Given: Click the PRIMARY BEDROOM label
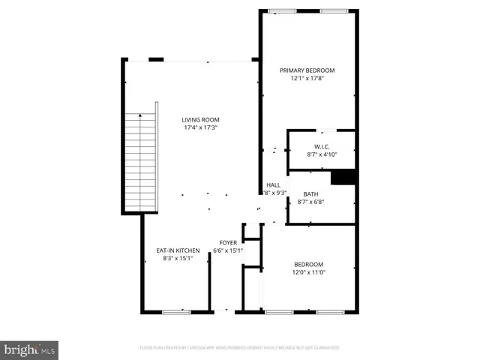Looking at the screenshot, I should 307,70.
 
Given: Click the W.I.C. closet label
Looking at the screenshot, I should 322,146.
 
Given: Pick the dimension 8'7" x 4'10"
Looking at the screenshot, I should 322,154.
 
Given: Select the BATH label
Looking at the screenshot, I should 310,193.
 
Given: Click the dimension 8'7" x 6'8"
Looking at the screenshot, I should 310,202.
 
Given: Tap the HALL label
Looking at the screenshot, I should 273,184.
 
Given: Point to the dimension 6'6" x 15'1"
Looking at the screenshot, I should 228,250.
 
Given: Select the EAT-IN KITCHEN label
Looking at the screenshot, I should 178,250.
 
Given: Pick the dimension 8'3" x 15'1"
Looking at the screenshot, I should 178,259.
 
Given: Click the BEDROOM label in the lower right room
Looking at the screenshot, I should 308,264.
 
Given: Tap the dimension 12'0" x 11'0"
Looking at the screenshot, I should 308,272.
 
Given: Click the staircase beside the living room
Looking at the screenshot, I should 139,160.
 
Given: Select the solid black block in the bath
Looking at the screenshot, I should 343,177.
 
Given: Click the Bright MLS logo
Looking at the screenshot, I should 30,349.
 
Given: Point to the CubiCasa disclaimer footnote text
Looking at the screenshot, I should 239,348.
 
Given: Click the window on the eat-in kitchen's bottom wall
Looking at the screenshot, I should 176,310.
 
